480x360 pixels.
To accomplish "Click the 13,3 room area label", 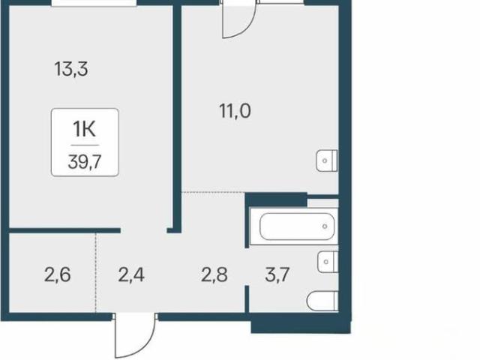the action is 71,69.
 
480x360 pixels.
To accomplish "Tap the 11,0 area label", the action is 235,111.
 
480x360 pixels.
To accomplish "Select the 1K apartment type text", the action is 84,129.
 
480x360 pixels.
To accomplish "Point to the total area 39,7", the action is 85,162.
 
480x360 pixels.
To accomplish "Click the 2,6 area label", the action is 58,274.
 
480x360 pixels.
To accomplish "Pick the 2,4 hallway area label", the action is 131,274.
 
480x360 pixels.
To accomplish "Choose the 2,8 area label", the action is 214,274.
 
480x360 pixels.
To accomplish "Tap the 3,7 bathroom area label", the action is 277,274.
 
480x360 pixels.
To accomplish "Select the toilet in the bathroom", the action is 322,301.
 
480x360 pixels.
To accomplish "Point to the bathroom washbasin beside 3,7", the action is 328,262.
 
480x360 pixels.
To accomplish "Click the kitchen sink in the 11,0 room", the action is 327,160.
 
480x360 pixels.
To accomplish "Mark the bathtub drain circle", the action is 325,226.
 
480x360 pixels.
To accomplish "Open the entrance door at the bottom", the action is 135,335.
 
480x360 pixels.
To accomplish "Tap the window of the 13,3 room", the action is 94,3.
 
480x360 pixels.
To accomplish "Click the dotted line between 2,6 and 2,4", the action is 95,273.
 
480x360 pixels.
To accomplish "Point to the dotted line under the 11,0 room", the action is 213,192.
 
